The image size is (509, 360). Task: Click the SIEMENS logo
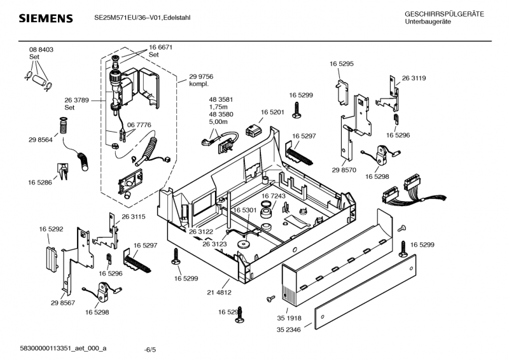[45, 18]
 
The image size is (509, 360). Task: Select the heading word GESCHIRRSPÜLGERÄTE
[443, 14]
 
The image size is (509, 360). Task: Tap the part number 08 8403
[41, 50]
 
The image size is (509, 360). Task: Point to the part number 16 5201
[272, 112]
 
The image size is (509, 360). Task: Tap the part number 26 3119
[414, 78]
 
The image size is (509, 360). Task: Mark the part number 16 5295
[342, 64]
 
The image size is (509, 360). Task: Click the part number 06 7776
[139, 125]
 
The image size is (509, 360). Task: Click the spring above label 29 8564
[63, 125]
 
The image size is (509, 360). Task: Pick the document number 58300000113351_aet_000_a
[63, 349]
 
